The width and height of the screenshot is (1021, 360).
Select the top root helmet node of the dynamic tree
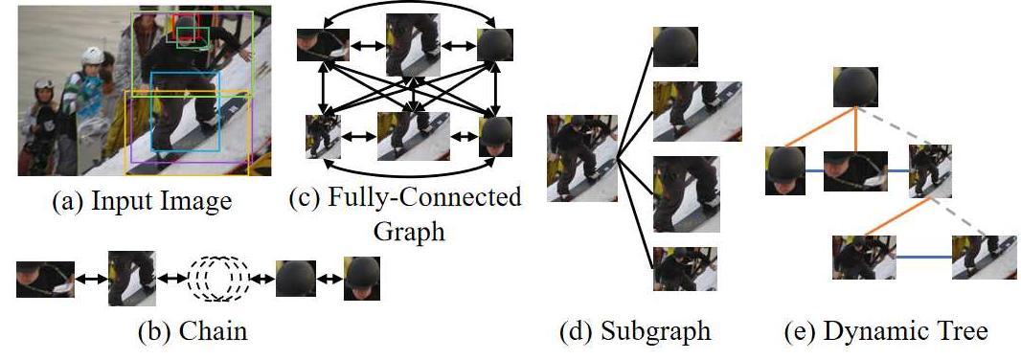pyautogui.click(x=854, y=86)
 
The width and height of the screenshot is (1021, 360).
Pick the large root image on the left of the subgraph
pyautogui.click(x=581, y=158)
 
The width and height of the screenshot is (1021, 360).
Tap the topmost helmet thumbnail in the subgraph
pyautogui.click(x=675, y=47)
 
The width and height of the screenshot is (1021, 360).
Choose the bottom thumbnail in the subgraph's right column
pyautogui.click(x=675, y=268)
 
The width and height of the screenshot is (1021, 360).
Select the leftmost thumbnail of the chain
pyautogui.click(x=44, y=278)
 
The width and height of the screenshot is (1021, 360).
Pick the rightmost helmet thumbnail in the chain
pyautogui.click(x=362, y=278)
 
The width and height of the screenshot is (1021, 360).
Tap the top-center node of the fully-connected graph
pyautogui.click(x=412, y=45)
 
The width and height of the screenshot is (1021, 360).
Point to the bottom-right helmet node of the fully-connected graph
pyautogui.click(x=495, y=137)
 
